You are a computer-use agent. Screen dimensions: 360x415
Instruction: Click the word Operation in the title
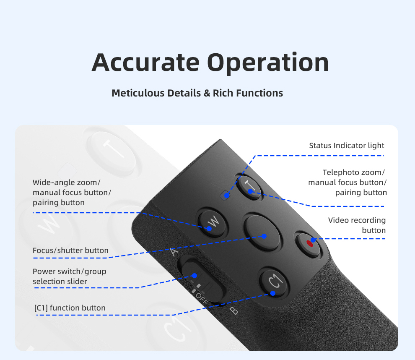pos(268,63)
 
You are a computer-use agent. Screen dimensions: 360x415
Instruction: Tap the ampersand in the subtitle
pos(207,93)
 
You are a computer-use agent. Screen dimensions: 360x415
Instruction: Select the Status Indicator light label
pos(347,146)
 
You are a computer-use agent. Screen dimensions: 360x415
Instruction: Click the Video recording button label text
pos(357,225)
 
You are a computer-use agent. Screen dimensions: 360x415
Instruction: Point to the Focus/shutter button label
pos(70,250)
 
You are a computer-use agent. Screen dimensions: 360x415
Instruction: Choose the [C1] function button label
pos(70,308)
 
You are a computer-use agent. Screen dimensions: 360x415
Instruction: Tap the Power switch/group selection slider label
pos(70,277)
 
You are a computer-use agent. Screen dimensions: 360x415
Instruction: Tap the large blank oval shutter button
pos(262,232)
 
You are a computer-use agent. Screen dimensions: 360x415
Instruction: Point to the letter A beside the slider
pos(175,252)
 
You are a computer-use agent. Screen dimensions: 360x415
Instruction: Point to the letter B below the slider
pos(233,311)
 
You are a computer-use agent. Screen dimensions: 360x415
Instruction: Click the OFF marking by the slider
pos(201,299)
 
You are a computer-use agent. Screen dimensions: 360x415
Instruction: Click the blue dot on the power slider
pos(195,276)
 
